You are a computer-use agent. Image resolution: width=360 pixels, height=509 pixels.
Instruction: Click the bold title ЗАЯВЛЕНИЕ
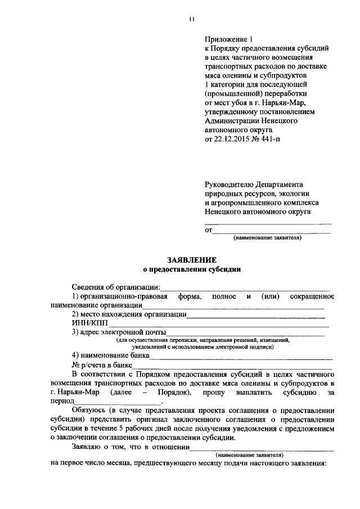191,260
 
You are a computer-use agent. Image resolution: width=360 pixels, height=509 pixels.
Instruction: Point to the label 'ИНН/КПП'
89,323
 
